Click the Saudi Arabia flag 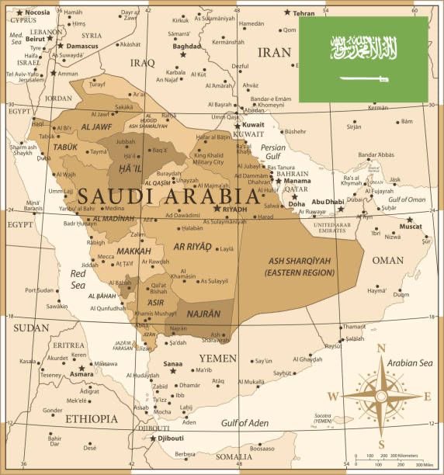pos(363,59)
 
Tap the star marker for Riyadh pos(217,208)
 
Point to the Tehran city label pos(304,13)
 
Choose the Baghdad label pos(186,46)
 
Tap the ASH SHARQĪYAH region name pos(298,262)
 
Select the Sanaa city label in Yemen pos(172,362)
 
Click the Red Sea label pos(78,279)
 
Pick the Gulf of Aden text pos(244,423)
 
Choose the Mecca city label pos(105,256)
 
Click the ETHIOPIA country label pos(92,418)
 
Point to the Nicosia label pos(37,12)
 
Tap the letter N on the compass pos(381,348)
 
